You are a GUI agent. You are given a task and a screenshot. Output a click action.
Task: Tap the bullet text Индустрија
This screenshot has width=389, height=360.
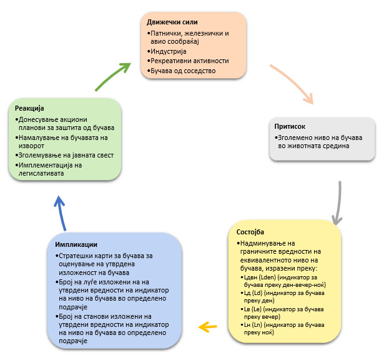point(167,51)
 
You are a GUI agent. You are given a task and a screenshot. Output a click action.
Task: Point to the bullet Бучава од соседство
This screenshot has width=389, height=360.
point(183,71)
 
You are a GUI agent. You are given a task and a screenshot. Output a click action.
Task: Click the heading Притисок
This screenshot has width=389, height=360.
point(289,126)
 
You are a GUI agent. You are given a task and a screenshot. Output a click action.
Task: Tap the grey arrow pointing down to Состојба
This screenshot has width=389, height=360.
point(338,203)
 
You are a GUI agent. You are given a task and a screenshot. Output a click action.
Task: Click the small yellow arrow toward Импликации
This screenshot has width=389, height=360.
point(208,325)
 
